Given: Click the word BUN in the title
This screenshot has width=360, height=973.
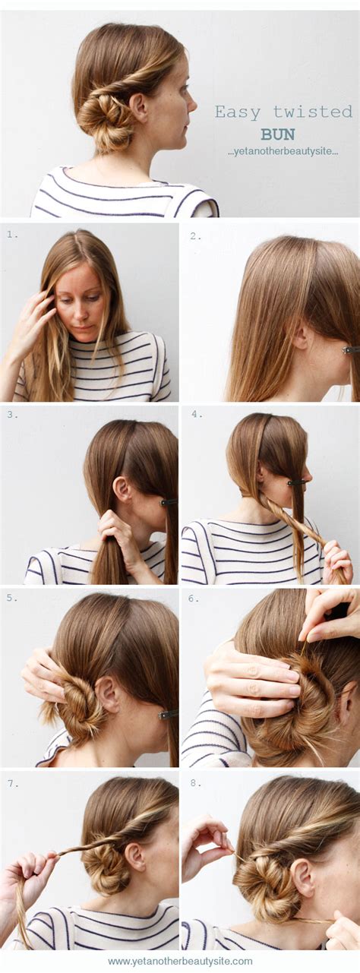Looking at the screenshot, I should click(277, 134).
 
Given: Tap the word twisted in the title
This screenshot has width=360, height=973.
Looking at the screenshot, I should click(313, 112).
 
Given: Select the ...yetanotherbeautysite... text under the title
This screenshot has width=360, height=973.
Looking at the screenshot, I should click(283, 152).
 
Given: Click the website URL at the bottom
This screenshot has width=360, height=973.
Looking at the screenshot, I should click(180, 961).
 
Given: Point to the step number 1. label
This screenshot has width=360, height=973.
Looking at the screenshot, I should click(11, 235).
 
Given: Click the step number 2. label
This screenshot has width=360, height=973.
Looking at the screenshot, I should click(195, 236).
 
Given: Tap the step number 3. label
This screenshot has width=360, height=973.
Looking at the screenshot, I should click(11, 414).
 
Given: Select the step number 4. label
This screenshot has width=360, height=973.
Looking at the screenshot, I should click(196, 414).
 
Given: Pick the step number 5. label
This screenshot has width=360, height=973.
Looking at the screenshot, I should click(11, 597).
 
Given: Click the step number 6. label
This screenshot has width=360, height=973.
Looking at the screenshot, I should click(194, 599).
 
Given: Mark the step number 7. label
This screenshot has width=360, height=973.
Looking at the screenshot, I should click(13, 783).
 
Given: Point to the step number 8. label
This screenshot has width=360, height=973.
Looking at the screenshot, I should click(195, 783).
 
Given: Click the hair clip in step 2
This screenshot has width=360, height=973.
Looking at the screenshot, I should click(350, 350).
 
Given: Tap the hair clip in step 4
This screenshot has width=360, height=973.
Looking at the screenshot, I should click(295, 482).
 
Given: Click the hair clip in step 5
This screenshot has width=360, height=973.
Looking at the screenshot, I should click(168, 714).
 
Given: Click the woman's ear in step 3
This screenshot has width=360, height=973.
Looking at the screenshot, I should click(122, 488).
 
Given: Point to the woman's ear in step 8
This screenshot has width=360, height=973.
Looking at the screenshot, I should click(303, 877).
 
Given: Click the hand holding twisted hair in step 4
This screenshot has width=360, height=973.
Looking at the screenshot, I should click(336, 563).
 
